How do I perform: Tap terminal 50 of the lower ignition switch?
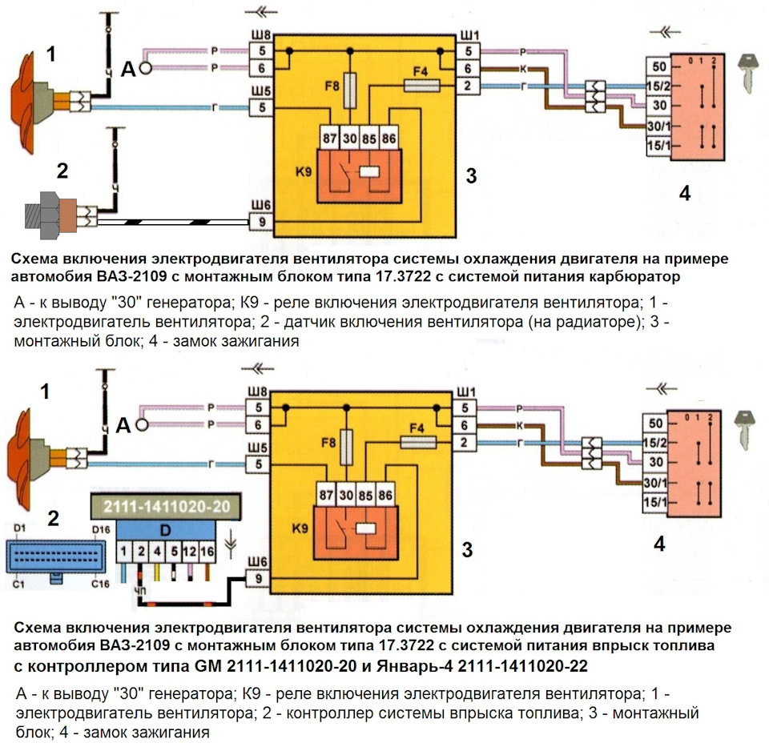pyautogui.click(x=656, y=423)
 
